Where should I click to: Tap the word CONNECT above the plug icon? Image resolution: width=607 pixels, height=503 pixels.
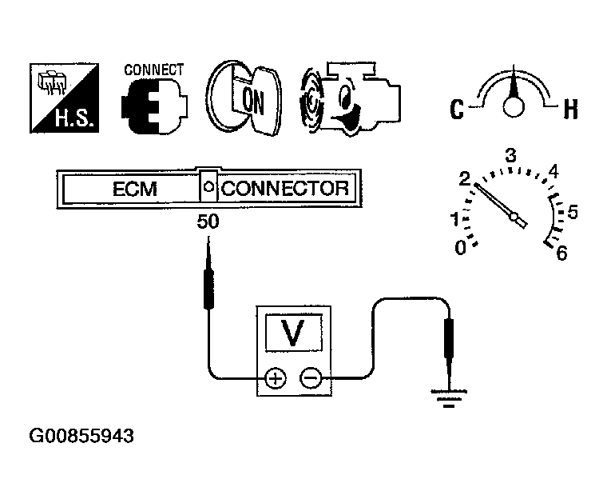pyautogui.click(x=153, y=69)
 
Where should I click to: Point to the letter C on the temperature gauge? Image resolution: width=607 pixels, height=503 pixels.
pyautogui.click(x=457, y=109)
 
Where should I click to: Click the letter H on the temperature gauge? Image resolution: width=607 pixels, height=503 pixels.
pyautogui.click(x=570, y=109)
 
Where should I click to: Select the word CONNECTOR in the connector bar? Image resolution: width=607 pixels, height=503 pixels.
pyautogui.click(x=285, y=190)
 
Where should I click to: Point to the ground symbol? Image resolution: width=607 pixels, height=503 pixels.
pyautogui.click(x=449, y=397)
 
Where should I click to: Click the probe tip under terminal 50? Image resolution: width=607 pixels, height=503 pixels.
pyautogui.click(x=208, y=256)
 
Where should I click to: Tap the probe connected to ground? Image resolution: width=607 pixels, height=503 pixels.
pyautogui.click(x=448, y=340)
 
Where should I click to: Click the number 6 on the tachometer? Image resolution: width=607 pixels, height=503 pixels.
pyautogui.click(x=562, y=253)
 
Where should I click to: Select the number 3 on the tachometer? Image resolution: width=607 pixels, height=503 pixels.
pyautogui.click(x=512, y=154)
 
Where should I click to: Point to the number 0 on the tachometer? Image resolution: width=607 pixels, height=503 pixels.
pyautogui.click(x=461, y=249)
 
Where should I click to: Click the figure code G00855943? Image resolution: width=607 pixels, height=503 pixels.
pyautogui.click(x=81, y=437)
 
